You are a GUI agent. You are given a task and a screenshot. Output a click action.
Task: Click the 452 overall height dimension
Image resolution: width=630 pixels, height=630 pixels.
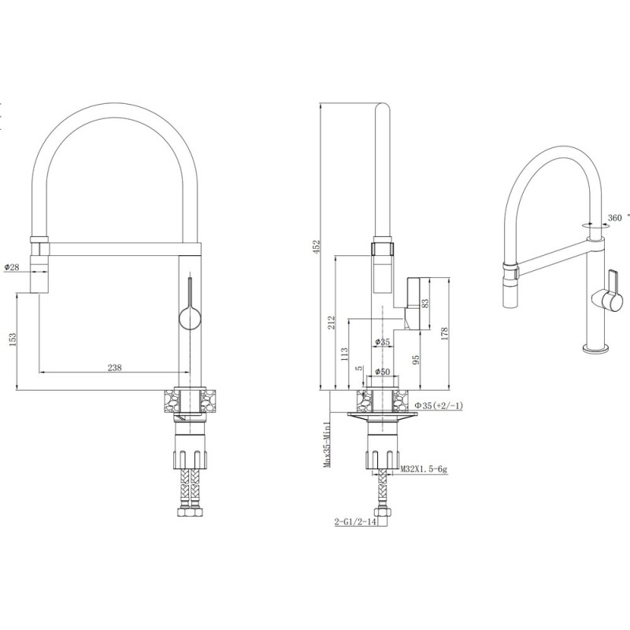(317, 246)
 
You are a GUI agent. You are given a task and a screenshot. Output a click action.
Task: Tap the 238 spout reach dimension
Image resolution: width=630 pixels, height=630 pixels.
(114, 367)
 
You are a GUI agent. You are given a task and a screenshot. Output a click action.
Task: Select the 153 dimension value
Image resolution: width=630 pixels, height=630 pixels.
(12, 339)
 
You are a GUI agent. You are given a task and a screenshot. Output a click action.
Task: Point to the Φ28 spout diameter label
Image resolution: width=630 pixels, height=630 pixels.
(12, 267)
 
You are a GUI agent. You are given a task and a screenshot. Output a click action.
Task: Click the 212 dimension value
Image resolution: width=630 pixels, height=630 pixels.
(332, 323)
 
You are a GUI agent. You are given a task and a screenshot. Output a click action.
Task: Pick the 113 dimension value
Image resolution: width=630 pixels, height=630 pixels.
(345, 354)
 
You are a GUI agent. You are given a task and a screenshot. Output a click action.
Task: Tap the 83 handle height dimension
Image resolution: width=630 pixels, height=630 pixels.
(425, 302)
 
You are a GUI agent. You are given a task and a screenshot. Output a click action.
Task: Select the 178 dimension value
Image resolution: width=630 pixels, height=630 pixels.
(444, 333)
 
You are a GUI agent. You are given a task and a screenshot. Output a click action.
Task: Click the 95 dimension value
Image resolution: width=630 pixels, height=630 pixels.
(416, 359)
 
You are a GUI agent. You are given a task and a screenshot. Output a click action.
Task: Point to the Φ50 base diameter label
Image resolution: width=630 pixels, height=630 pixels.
(382, 372)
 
